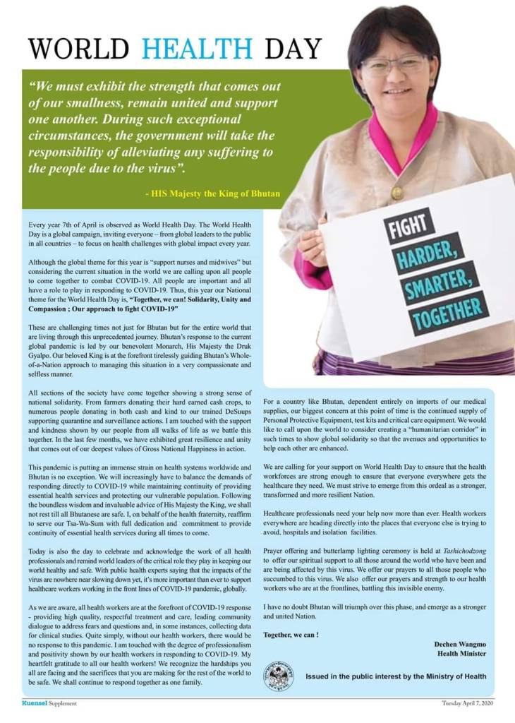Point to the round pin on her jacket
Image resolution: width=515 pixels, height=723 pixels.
point(397,192)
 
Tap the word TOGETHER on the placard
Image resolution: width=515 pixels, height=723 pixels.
point(450,313)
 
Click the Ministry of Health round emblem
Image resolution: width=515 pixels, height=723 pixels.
point(278,676)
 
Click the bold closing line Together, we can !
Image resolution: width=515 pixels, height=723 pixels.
point(291,635)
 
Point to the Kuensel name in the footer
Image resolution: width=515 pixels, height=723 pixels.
point(33,703)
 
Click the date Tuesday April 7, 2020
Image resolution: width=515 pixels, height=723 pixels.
point(468,703)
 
